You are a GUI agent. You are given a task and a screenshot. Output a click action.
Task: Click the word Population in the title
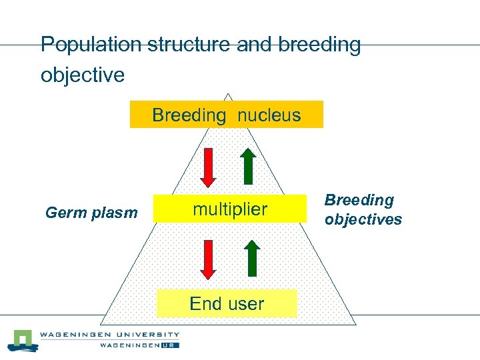tap(91, 45)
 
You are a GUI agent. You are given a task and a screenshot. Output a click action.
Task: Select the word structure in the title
tap(197, 45)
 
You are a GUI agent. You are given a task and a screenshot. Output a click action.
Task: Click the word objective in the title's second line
tap(83, 75)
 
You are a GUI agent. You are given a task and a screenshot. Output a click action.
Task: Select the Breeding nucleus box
tap(226, 115)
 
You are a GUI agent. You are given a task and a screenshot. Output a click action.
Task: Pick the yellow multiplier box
tap(229, 209)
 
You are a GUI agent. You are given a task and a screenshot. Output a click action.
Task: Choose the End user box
tap(227, 303)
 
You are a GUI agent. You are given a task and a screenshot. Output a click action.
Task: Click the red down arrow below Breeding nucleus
tap(209, 168)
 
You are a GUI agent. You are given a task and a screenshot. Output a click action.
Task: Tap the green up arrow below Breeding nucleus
tap(248, 165)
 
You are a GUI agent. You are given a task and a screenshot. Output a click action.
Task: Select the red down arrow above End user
tap(209, 259)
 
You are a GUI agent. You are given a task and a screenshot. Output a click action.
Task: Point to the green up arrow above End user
tap(251, 257)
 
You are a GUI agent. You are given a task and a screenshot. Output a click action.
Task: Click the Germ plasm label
tap(91, 213)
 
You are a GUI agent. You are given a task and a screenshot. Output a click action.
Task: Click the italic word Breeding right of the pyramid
tap(359, 200)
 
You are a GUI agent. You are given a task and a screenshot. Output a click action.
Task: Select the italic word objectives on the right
tap(363, 219)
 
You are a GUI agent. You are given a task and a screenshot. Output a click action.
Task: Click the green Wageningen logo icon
tap(23, 340)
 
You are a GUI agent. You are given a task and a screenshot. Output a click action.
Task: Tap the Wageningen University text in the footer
tap(109, 335)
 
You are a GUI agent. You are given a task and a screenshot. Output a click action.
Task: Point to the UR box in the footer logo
tap(171, 345)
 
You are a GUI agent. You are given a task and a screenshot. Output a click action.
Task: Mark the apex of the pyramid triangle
tap(228, 94)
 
